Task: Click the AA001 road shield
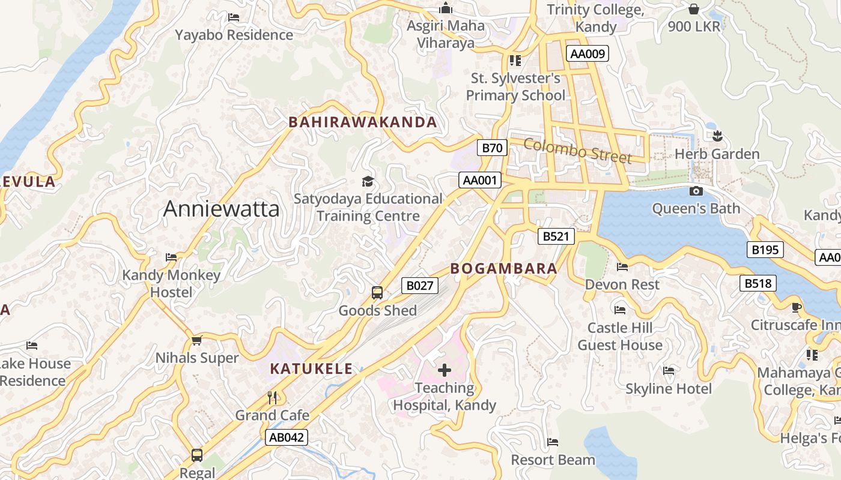tap(479, 180)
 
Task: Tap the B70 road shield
tap(492, 148)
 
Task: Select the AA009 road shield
tap(587, 54)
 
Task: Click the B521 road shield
tap(556, 236)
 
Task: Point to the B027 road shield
tap(419, 286)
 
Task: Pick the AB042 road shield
tap(287, 437)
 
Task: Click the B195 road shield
tap(765, 250)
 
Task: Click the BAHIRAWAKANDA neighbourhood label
tap(363, 122)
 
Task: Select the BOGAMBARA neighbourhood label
tap(504, 269)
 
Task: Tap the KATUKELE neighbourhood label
tap(311, 369)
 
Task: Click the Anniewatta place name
tap(221, 209)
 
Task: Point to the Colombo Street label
tap(577, 150)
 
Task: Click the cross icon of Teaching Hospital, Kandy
tap(445, 370)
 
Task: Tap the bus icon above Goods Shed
tap(377, 293)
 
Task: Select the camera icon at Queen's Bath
tap(696, 191)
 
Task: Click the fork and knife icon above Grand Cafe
tap(272, 397)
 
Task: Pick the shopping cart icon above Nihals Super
tap(196, 341)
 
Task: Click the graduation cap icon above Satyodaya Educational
tap(367, 181)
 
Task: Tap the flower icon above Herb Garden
tap(717, 136)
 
